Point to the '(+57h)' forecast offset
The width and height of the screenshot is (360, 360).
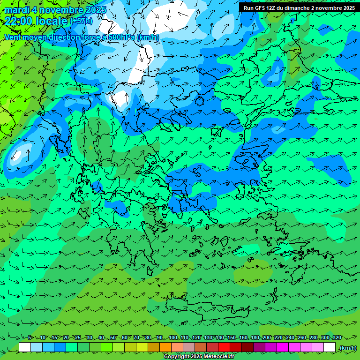(81, 21)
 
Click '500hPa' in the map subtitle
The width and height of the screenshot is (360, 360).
(123, 37)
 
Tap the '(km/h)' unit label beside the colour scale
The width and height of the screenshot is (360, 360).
(347, 348)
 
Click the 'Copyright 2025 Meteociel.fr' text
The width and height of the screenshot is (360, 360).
(199, 357)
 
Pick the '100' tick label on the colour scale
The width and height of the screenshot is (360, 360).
(173, 337)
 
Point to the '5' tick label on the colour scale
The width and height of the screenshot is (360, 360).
(30, 337)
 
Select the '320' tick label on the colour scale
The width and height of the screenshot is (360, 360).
(337, 337)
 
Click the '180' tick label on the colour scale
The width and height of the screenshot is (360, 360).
(255, 337)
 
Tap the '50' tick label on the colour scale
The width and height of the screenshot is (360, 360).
(113, 337)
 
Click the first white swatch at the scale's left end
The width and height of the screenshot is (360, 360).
(25, 347)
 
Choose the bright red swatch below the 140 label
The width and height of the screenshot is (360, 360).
(224, 347)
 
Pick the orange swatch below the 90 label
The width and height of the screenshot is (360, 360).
(165, 347)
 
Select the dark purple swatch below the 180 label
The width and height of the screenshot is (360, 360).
(259, 347)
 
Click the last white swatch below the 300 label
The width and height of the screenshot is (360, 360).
(330, 347)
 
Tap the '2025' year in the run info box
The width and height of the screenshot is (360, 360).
(347, 7)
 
